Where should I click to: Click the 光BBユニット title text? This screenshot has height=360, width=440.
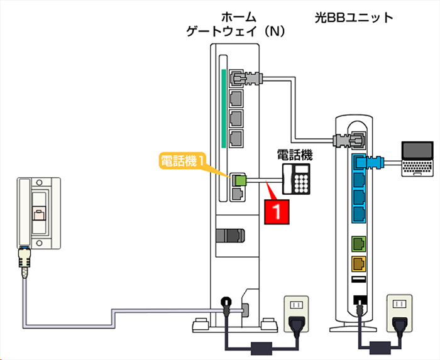coord(354,18)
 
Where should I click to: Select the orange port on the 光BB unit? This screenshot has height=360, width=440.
coord(358,265)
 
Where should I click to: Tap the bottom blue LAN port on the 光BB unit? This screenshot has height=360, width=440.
coord(358,213)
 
